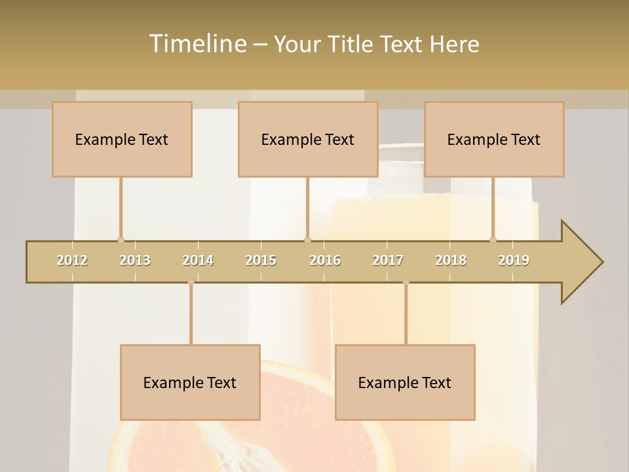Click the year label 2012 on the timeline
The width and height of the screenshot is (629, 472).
pos(72,260)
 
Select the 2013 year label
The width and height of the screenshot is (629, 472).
pos(135,260)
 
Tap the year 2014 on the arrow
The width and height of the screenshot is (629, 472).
pos(198,260)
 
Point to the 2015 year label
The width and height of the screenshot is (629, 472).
pos(261,260)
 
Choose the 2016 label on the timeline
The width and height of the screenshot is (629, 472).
pos(325,260)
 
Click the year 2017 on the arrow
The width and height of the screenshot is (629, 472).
pos(388,260)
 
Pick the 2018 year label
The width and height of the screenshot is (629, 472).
pos(451,260)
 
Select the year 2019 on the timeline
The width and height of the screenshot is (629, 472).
pos(514,260)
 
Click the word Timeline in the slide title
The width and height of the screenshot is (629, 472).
pos(197,44)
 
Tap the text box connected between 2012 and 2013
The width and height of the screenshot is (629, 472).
pos(122,140)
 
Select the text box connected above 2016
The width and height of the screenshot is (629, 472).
pos(308,140)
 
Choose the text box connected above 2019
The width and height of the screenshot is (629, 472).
pos(494,140)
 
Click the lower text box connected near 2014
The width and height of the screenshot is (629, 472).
pos(190,383)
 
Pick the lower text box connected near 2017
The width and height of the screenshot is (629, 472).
pos(405,383)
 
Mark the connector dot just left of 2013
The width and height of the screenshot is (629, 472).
pos(121,240)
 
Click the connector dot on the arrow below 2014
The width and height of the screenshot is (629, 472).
pos(191,282)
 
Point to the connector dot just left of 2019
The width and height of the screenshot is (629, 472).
pos(493,240)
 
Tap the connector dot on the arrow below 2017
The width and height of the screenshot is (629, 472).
pos(406,282)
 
